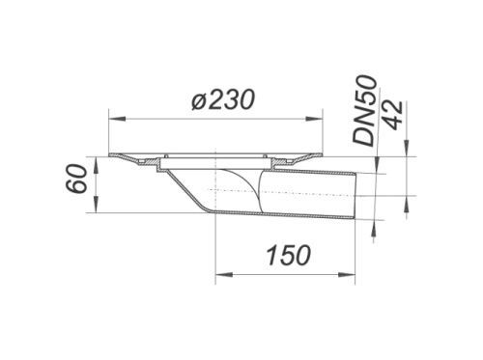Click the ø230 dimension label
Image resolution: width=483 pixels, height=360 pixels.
(x=223, y=99)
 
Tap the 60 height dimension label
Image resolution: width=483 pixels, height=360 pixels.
(x=77, y=179)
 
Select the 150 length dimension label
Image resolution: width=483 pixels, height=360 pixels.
(x=290, y=255)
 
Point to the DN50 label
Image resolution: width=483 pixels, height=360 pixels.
(x=364, y=110)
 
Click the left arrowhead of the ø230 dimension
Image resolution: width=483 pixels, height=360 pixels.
(x=117, y=120)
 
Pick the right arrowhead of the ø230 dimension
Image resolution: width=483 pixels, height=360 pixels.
(x=314, y=120)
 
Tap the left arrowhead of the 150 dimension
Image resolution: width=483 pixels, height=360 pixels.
(x=224, y=275)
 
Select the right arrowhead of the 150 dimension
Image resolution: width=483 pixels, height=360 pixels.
(x=347, y=275)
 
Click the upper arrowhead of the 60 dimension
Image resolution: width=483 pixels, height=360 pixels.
(x=96, y=165)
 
